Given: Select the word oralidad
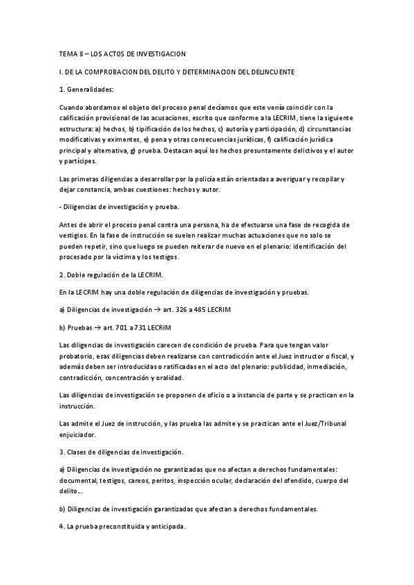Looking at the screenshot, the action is click(x=200, y=377).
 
